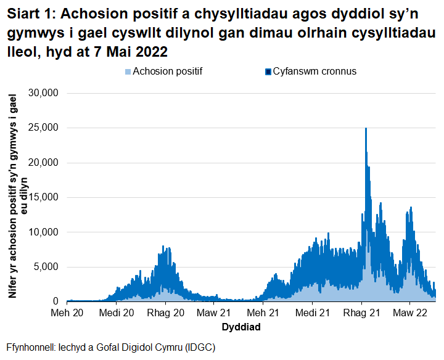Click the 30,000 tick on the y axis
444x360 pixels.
43,93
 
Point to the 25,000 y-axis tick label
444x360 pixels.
43,128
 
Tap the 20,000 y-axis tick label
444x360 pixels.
43,163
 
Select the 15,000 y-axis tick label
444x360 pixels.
43,197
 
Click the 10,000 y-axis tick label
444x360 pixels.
43,232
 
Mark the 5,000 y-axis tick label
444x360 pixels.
46,267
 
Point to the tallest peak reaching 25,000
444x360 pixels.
366,129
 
